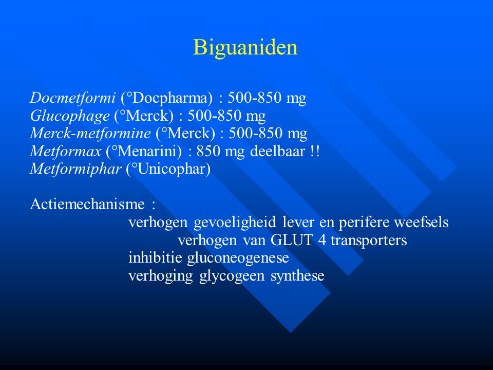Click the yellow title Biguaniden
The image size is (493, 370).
point(245,48)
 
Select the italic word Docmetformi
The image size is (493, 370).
point(73,98)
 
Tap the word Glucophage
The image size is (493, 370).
point(70,116)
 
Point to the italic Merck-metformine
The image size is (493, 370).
point(90,133)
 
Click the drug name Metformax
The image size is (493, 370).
point(66,151)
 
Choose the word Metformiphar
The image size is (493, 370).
point(76,169)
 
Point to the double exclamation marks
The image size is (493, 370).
point(315,151)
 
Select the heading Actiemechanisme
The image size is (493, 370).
point(87,204)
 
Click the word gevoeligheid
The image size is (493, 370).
point(235,223)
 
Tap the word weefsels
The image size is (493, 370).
point(421,222)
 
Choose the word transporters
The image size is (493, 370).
point(369,240)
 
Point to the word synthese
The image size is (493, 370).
point(297,276)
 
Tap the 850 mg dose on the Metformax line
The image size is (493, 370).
point(220,152)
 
